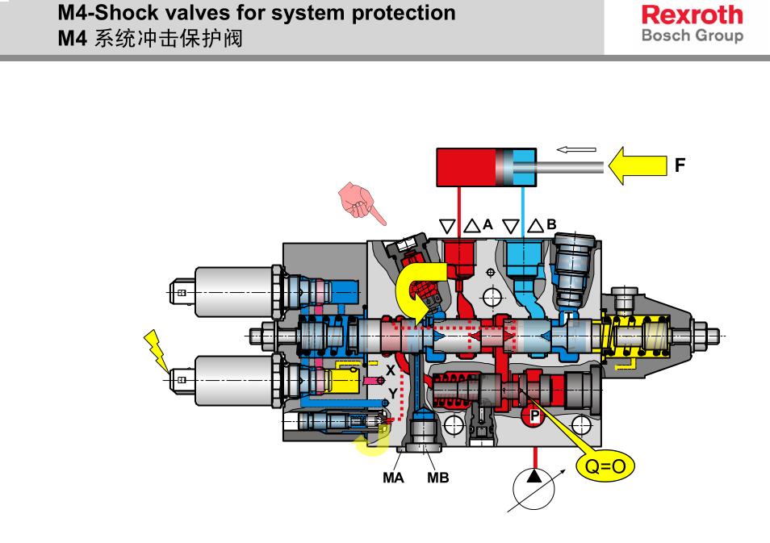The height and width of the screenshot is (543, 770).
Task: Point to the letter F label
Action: pos(680,166)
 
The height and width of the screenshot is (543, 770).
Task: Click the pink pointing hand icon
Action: pos(361,202)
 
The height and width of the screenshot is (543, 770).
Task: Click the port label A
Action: pos(488,225)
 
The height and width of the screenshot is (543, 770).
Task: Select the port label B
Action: pos(552,225)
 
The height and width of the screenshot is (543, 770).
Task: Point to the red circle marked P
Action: pos(534,416)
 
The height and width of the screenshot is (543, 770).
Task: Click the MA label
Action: pos(393,478)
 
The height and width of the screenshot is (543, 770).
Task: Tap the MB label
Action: pos(437,478)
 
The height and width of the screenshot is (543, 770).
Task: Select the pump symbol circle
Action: pos(534,482)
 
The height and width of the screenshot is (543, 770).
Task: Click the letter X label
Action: pos(391,370)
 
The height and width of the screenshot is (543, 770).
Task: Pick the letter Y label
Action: pos(392,393)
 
